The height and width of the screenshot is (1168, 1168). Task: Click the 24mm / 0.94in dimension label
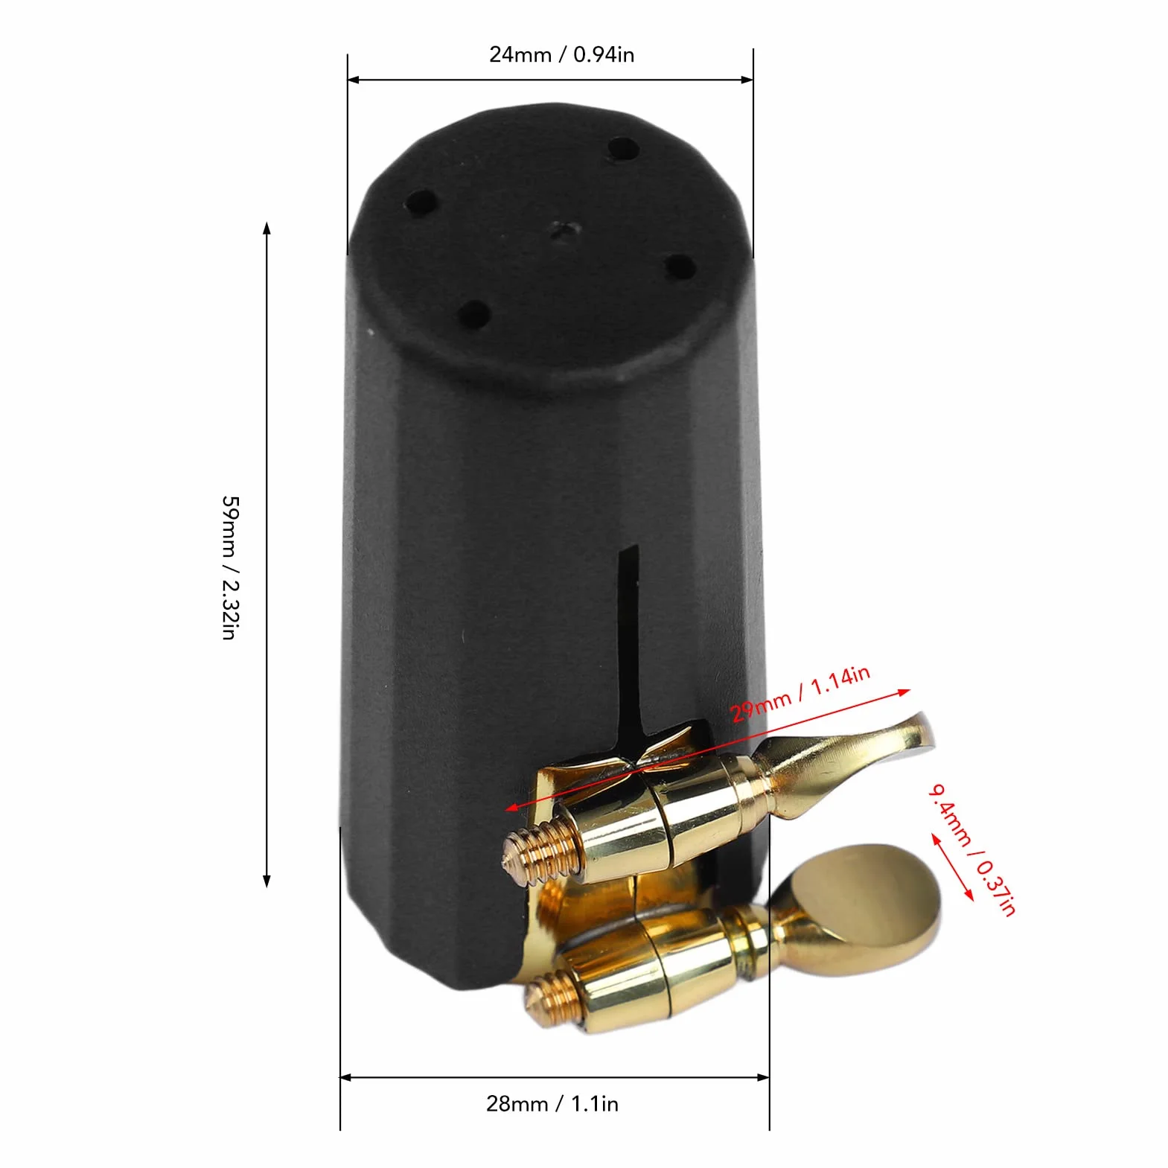[561, 54]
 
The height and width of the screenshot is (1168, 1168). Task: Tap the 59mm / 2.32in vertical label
[230, 567]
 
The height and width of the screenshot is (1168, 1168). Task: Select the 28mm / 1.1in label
[552, 1103]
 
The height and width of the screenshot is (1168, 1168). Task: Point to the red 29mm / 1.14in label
[800, 694]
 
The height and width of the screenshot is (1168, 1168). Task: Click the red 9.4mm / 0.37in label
[972, 849]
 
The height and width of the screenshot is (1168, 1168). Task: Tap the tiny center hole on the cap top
[564, 230]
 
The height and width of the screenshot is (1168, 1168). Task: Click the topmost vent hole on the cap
[623, 149]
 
